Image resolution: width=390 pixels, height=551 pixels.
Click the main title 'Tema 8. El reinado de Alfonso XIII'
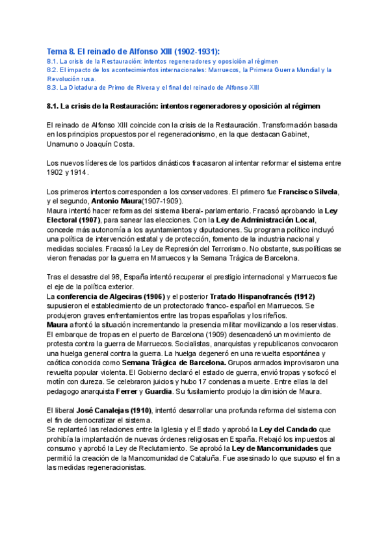[133, 51]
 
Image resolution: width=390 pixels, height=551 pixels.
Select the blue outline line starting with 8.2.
[189, 69]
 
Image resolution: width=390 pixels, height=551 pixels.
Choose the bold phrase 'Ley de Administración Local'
[257, 220]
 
